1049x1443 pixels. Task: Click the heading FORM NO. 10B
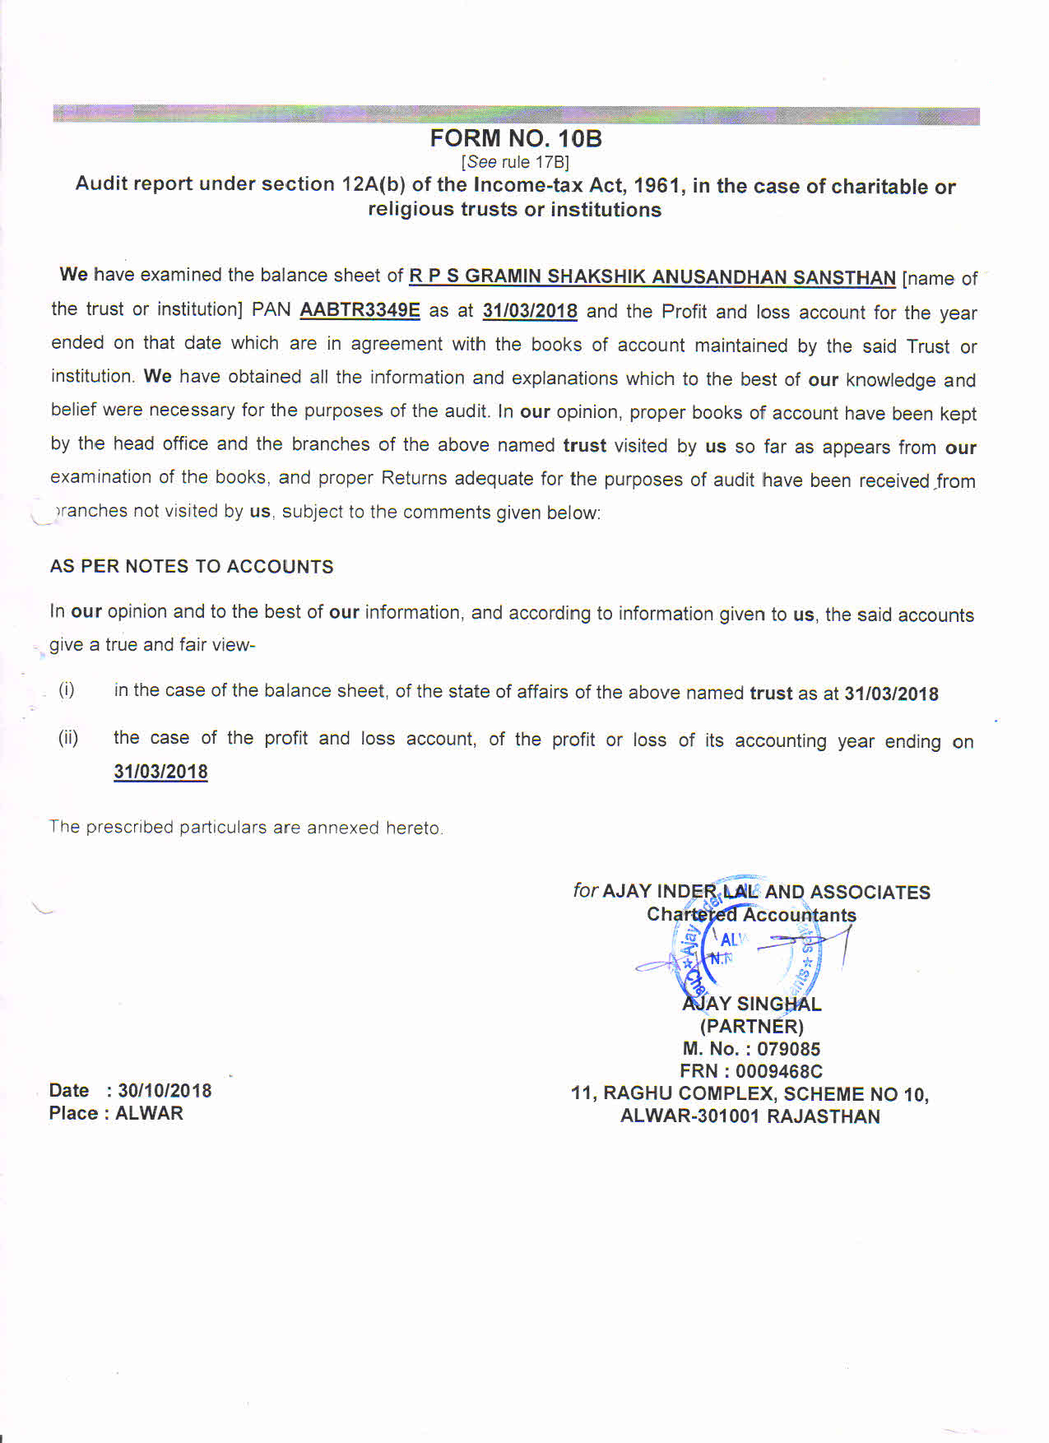tap(516, 138)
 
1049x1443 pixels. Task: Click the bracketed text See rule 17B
tap(515, 162)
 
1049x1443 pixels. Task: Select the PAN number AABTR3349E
tap(360, 310)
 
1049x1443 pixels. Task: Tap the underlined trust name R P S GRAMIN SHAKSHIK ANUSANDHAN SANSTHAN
tap(652, 277)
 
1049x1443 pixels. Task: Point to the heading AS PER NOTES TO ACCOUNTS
tap(192, 567)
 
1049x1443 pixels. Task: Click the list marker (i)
tap(67, 689)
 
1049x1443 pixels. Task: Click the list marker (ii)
tap(68, 737)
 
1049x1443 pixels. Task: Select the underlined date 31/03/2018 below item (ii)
tap(160, 772)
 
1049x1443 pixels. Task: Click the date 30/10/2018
tap(165, 1091)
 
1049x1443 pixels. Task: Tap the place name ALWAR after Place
tap(149, 1114)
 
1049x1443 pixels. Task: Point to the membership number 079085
tap(788, 1049)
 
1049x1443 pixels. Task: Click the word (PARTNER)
tap(751, 1027)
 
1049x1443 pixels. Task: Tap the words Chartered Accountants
tap(751, 915)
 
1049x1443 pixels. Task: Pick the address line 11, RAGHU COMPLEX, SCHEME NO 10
tap(750, 1094)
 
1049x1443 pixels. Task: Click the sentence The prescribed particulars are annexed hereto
tap(246, 828)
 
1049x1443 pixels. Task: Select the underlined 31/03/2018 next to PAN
tap(530, 312)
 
